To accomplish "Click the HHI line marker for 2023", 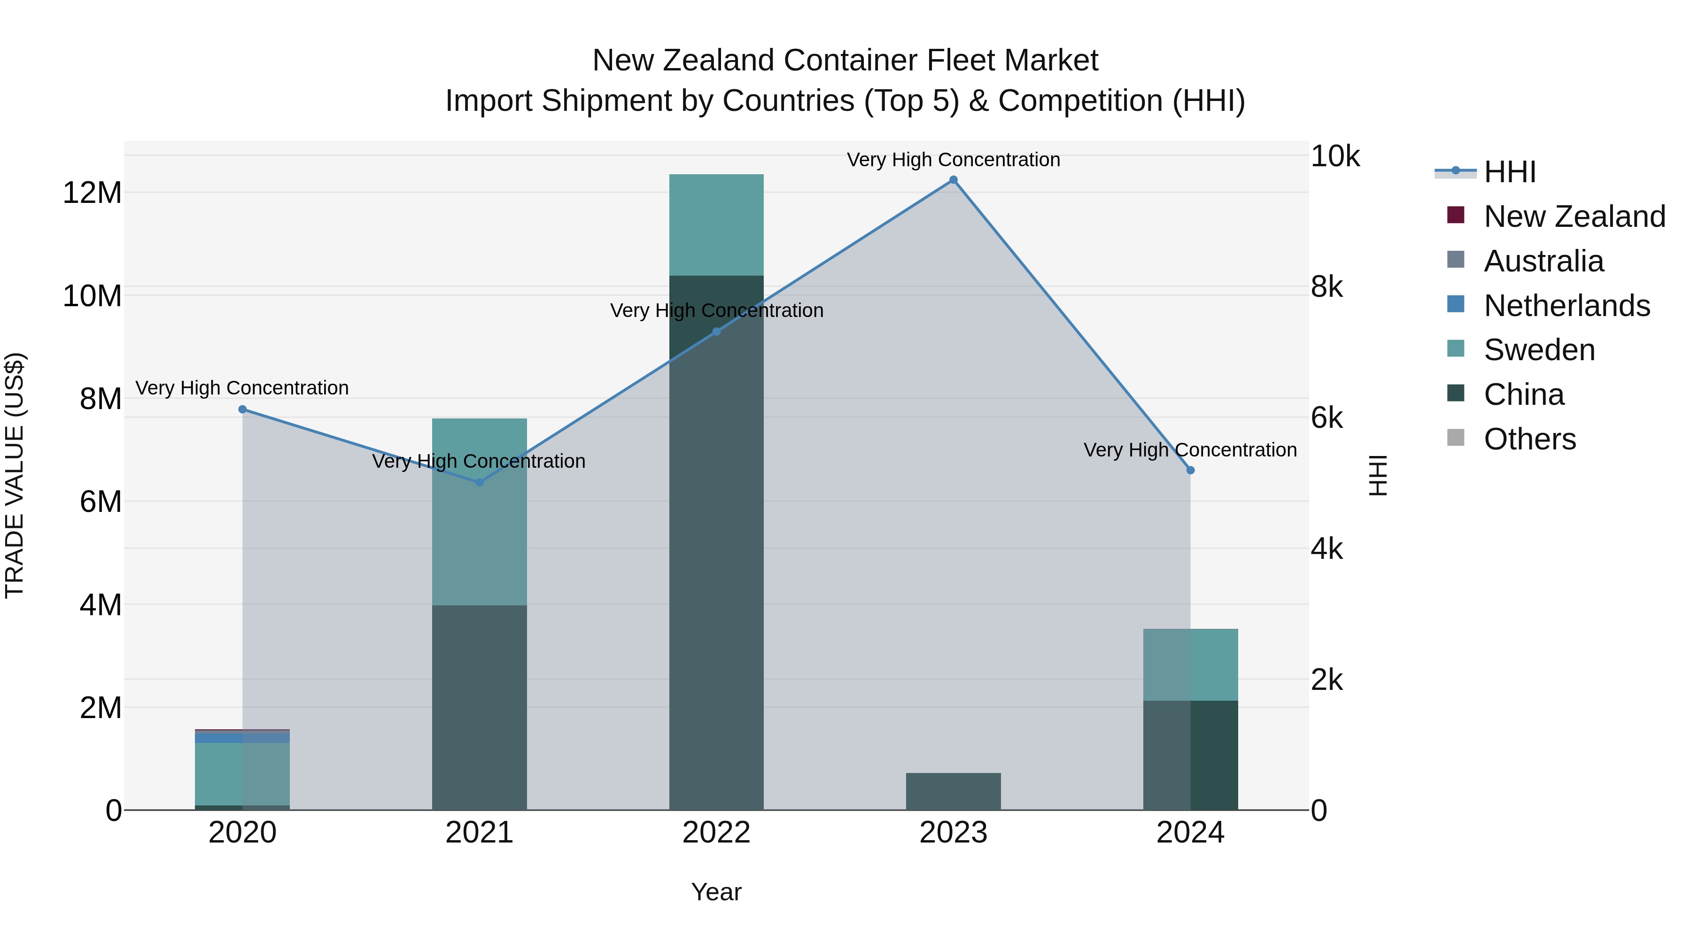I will tap(953, 180).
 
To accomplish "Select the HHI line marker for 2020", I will tap(242, 410).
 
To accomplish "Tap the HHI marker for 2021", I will tap(479, 482).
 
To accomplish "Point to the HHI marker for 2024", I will tap(1190, 471).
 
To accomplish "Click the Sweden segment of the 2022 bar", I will tap(716, 224).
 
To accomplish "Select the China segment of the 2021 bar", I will tap(479, 708).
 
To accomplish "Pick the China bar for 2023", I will tap(953, 791).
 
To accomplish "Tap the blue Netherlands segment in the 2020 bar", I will tap(242, 737).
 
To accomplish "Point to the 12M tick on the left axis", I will tap(92, 193).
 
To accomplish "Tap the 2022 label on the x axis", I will tap(716, 833).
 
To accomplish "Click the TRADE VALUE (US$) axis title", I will tap(15, 475).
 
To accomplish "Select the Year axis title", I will tap(716, 892).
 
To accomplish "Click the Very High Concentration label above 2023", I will tap(953, 160).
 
